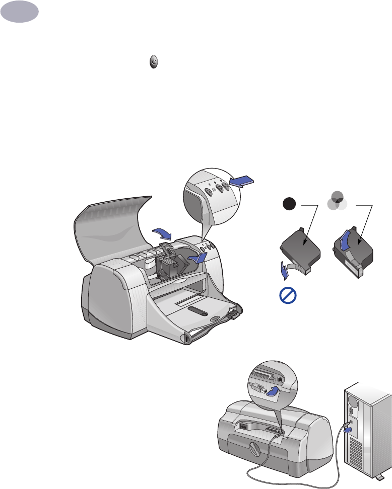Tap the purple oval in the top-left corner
(x=19, y=11)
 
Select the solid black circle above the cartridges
(x=288, y=204)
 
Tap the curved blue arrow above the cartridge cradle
(x=162, y=232)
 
